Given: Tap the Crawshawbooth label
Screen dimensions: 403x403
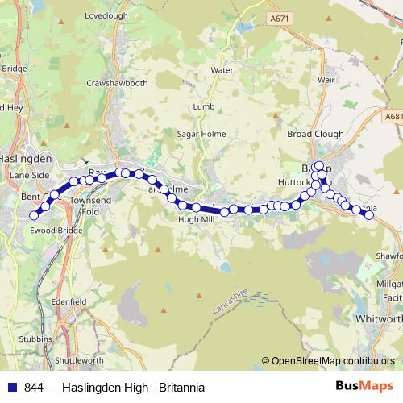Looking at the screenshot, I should [118, 83].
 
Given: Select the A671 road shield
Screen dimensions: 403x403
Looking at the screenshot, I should [280, 18].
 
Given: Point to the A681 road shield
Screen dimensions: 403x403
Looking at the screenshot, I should [393, 116].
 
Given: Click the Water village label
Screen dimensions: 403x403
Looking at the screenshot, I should [222, 70].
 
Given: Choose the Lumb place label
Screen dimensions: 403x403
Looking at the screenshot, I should [202, 106].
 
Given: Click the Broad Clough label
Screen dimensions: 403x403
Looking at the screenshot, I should [315, 135].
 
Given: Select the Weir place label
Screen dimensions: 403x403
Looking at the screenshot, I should [326, 81].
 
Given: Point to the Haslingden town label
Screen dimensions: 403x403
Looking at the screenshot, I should [26, 160].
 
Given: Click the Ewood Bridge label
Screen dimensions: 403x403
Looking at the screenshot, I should [57, 231].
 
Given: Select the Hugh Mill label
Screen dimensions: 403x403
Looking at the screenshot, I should [197, 219].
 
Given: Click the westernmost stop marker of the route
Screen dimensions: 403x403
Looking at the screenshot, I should [35, 215].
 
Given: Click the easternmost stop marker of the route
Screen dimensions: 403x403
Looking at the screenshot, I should [370, 214].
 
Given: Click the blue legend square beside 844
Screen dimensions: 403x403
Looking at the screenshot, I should [12, 388].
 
